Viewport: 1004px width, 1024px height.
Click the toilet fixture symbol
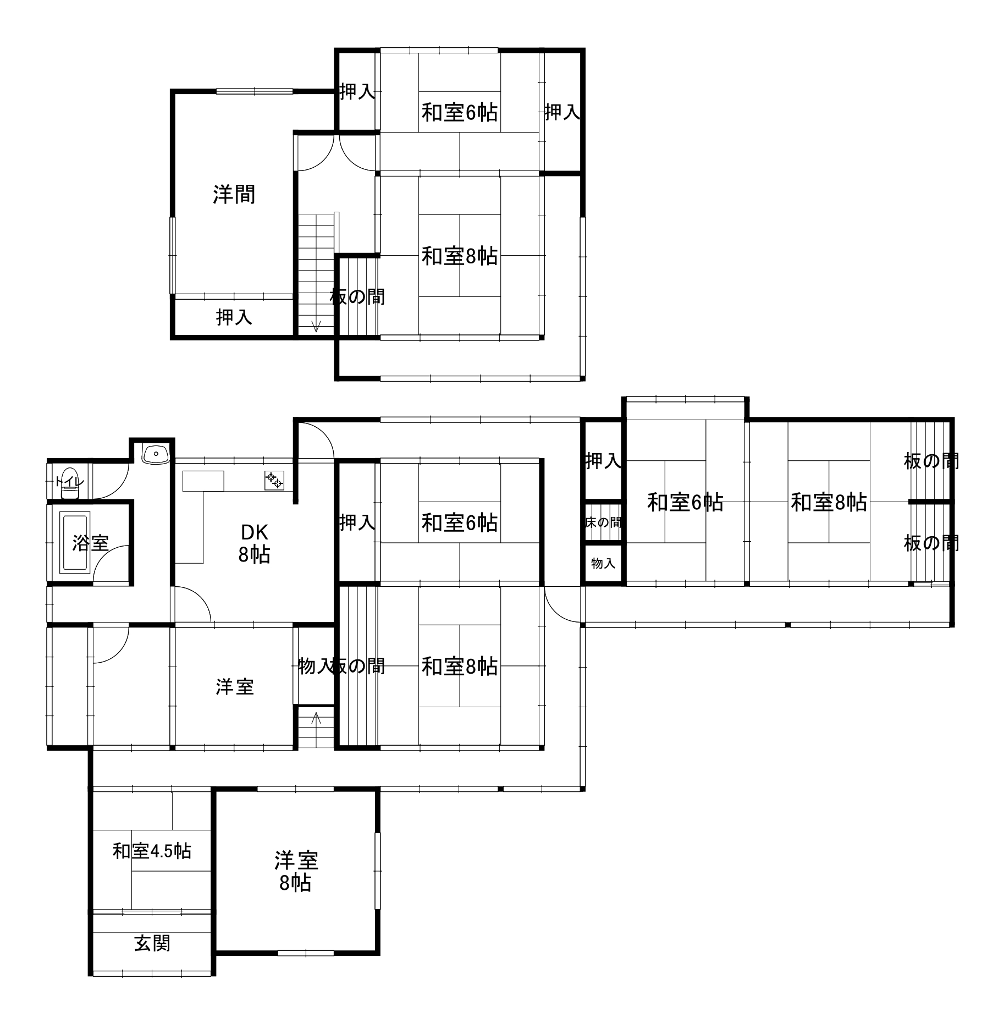click(70, 483)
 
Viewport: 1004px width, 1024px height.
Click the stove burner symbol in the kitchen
click(274, 481)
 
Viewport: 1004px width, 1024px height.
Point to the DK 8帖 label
click(254, 543)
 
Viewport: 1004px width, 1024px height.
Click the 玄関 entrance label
click(152, 943)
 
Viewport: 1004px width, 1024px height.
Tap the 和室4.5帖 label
click(152, 851)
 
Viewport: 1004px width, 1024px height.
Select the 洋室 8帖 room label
click(296, 872)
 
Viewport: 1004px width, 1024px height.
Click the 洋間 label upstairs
click(234, 194)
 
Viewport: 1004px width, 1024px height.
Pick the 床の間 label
click(603, 522)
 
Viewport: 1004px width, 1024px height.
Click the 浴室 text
click(90, 543)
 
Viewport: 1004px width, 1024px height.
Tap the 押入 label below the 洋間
click(234, 317)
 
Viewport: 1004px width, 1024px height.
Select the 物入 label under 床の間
click(603, 563)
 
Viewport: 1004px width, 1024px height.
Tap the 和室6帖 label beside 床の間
click(685, 502)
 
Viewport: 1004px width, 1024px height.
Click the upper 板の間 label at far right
click(931, 461)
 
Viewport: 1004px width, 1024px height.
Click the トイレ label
click(70, 482)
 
